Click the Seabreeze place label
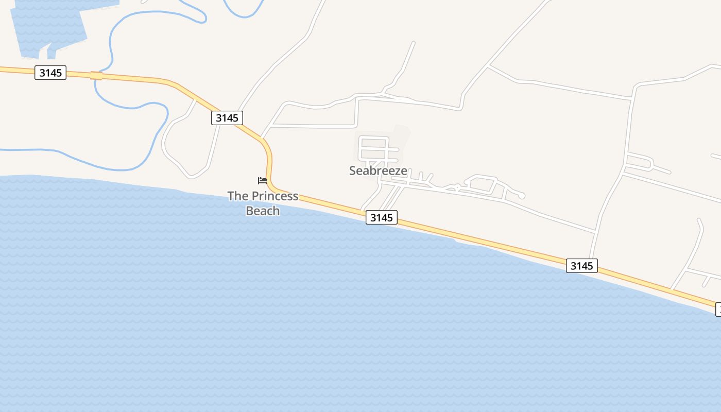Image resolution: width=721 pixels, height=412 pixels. coord(378,170)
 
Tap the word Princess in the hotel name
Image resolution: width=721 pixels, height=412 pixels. coord(275,196)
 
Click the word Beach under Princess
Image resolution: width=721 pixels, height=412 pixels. coord(263,211)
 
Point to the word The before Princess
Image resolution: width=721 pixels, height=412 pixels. coord(238,196)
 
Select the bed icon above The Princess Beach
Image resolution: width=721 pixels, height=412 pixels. coord(263,180)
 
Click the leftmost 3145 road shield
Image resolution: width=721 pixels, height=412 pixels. coord(50,73)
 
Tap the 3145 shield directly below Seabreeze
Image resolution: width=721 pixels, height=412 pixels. coord(382,217)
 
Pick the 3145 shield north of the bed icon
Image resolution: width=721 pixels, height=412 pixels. coord(227,118)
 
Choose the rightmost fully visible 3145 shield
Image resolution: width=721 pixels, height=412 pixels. coord(582,266)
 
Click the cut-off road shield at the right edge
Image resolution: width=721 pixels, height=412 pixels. coord(718,309)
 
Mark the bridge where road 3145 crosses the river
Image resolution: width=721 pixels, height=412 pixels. coord(96,76)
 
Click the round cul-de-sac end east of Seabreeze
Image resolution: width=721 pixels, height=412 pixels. coord(522,196)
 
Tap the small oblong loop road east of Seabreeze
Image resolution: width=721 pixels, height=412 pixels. coord(482,183)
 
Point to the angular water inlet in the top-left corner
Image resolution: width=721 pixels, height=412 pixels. coord(49,26)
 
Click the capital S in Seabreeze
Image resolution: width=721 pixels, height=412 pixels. coord(353,170)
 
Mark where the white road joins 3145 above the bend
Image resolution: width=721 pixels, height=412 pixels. coord(262,138)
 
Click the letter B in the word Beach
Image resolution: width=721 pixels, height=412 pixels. coord(250,211)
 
